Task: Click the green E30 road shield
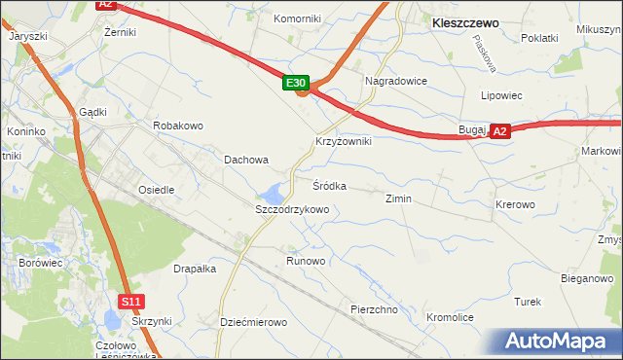[x=298, y=85]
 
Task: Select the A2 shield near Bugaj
[x=499, y=130]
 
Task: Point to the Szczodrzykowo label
[x=292, y=209]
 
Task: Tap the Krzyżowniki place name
[x=343, y=141]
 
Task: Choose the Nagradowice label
[x=395, y=81]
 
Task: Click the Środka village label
[x=329, y=185]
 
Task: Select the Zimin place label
[x=398, y=198]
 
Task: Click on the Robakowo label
[x=177, y=126]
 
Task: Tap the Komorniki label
[x=297, y=18]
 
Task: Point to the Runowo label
[x=306, y=261]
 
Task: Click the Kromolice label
[x=450, y=317]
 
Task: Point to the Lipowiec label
[x=502, y=96]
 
